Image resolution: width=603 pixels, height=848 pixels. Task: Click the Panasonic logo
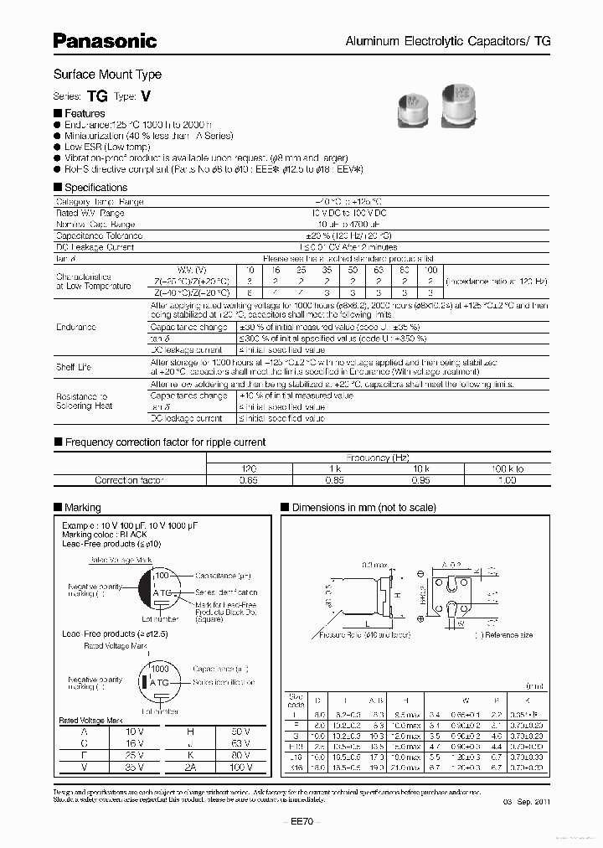coord(105,40)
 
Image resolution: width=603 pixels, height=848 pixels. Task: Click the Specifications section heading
coord(95,188)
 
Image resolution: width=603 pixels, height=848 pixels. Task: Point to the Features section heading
coord(85,113)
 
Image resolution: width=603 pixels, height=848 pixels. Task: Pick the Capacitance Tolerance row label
coord(99,236)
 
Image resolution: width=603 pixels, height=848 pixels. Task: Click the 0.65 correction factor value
coord(249,480)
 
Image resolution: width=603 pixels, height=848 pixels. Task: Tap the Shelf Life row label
coord(74,367)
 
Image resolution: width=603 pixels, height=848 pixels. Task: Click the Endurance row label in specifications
coord(76,327)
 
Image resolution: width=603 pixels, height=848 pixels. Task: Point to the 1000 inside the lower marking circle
coord(158,670)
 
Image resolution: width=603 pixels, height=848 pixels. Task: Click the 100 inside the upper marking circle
coord(162,577)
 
